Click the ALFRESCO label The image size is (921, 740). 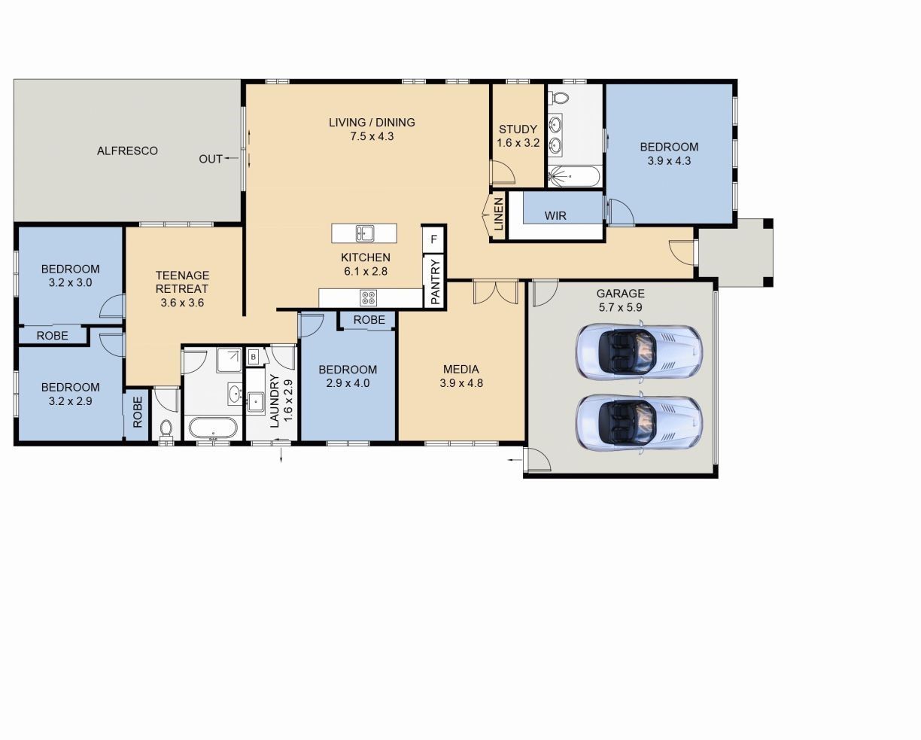[127, 151]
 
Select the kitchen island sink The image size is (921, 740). [365, 233]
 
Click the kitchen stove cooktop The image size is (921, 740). [368, 297]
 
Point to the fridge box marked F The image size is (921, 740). [433, 240]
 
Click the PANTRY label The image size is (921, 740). [434, 281]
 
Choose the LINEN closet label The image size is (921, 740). [498, 215]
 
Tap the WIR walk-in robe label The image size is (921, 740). [555, 215]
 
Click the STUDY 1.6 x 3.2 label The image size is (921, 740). [518, 136]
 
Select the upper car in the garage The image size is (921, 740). [639, 350]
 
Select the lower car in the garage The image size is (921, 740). [639, 422]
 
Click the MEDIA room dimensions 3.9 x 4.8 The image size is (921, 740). [461, 382]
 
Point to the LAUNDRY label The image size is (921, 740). [274, 401]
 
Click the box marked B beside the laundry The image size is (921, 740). [254, 356]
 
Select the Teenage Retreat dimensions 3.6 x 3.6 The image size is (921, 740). [182, 303]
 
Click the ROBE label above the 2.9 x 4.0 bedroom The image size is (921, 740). [369, 320]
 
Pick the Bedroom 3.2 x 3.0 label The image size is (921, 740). [70, 276]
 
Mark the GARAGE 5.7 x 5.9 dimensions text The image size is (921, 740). [620, 307]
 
